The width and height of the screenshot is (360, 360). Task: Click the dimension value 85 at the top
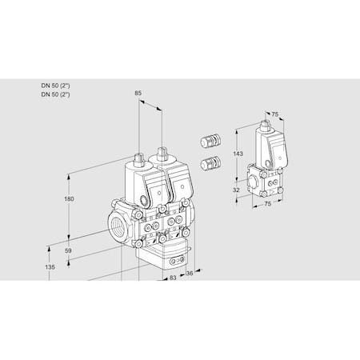[138, 94]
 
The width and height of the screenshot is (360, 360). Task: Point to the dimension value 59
[68, 250]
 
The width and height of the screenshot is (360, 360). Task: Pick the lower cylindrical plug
[212, 164]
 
